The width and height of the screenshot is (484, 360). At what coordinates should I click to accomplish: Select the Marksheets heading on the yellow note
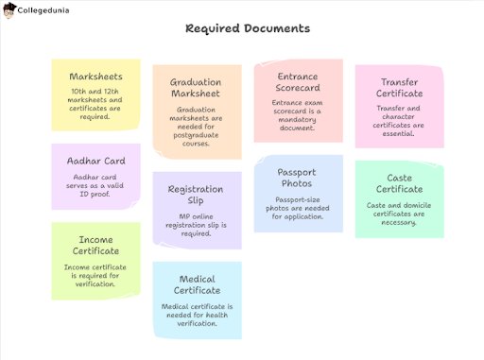(95, 76)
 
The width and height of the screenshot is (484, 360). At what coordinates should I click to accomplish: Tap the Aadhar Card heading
(95, 161)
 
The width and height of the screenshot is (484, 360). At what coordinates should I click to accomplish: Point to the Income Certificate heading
(95, 245)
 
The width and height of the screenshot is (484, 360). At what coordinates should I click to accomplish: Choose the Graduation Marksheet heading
(197, 88)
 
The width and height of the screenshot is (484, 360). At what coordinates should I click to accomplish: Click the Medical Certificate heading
(197, 284)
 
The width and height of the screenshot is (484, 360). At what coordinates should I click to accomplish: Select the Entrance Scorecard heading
(298, 82)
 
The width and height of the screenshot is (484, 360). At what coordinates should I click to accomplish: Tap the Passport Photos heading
(297, 178)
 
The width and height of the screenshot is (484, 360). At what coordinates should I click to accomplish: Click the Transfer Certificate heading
(399, 88)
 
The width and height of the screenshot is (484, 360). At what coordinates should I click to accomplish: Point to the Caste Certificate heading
(399, 183)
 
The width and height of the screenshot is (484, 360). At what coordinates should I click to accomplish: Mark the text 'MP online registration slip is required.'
(196, 225)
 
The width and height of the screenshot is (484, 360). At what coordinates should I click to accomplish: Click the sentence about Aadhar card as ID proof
(95, 184)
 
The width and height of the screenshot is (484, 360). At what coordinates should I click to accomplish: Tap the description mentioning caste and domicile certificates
(399, 213)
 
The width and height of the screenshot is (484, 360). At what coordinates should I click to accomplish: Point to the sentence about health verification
(197, 316)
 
